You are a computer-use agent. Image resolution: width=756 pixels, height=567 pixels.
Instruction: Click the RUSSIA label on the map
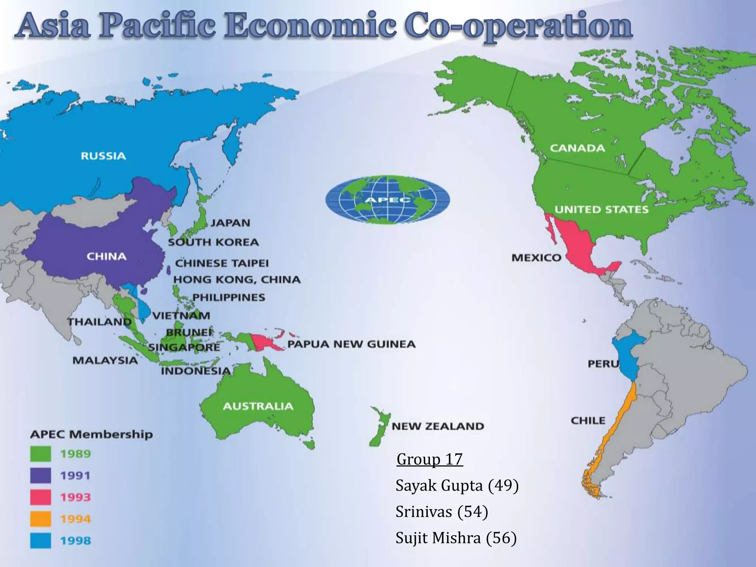click(103, 156)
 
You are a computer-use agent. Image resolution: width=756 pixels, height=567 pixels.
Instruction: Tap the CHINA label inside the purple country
click(106, 257)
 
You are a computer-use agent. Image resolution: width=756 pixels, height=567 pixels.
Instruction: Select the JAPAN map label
click(230, 223)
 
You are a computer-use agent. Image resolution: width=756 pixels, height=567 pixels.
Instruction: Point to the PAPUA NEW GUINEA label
click(351, 344)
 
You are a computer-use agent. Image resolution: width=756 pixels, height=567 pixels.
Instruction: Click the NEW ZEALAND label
click(437, 426)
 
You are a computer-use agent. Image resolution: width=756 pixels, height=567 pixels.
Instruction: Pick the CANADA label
click(577, 148)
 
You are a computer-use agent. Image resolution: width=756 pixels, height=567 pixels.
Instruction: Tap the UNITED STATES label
click(601, 210)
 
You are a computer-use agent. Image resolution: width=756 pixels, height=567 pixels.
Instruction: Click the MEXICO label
click(536, 258)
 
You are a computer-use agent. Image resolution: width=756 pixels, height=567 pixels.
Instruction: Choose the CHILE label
click(588, 420)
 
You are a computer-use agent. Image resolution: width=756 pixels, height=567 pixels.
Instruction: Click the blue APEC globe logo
click(388, 200)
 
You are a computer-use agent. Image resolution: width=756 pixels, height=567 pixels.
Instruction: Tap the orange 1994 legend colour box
click(40, 519)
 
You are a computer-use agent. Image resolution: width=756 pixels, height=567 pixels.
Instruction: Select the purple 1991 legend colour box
click(40, 475)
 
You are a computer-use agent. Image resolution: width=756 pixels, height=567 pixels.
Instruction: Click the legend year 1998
click(75, 541)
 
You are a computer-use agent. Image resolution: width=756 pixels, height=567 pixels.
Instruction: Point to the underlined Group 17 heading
click(429, 460)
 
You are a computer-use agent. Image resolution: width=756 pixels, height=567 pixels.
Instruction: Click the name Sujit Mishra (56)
click(456, 538)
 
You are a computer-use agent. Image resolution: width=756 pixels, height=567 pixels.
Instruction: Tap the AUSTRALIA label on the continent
click(258, 406)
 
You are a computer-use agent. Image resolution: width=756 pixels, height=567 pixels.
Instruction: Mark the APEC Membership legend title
click(91, 434)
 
